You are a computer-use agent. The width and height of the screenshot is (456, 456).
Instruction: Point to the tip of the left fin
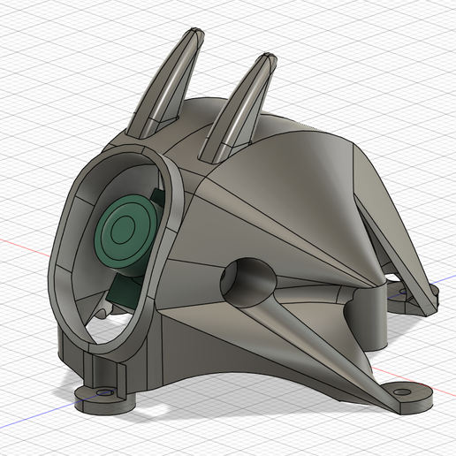(x=193, y=34)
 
